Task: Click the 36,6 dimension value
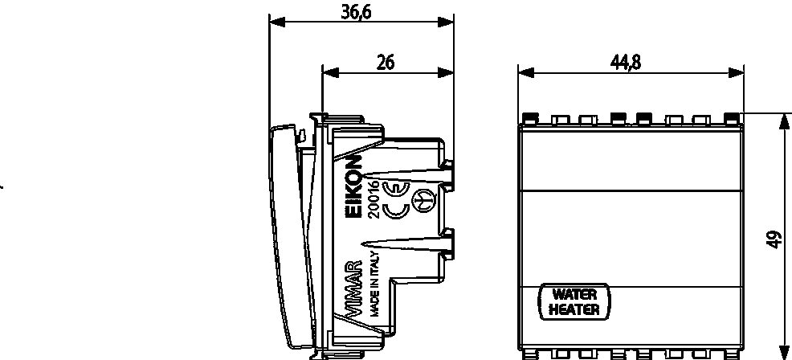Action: [x=356, y=11]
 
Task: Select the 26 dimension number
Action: [x=386, y=63]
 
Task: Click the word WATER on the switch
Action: [x=574, y=294]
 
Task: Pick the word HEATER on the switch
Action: [x=574, y=309]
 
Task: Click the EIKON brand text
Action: [x=355, y=186]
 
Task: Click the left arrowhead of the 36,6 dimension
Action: [x=277, y=22]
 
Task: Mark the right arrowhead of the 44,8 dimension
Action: [x=736, y=73]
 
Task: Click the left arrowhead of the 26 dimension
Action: [x=330, y=73]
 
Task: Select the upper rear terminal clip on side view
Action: [x=447, y=175]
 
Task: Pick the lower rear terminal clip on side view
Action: [x=447, y=245]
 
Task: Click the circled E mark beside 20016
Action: [x=394, y=188]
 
